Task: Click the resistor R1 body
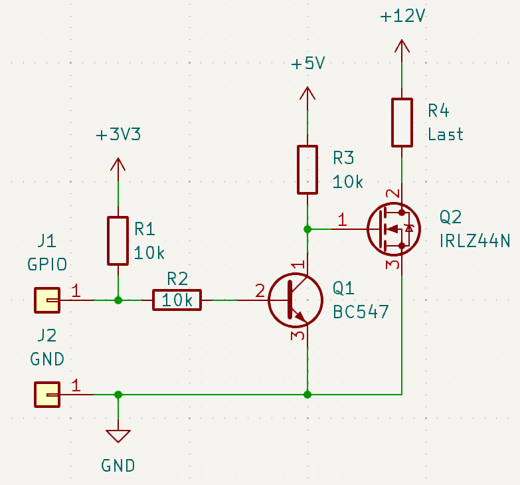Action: (x=118, y=241)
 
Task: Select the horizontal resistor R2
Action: (x=177, y=300)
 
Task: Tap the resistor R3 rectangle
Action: (x=307, y=169)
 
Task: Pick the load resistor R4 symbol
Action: (x=402, y=122)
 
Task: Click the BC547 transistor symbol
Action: (x=295, y=300)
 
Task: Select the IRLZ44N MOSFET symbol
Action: (x=394, y=229)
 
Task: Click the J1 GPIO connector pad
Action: (x=47, y=300)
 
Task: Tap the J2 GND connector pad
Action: (x=47, y=395)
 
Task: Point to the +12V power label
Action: (x=402, y=16)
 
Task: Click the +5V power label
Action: (x=308, y=63)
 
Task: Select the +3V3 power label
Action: (x=118, y=135)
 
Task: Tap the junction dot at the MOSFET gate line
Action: (x=307, y=229)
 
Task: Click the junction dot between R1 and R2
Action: (x=118, y=300)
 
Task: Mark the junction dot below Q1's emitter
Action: (x=307, y=395)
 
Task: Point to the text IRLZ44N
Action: (x=475, y=241)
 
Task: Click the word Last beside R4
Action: (x=446, y=134)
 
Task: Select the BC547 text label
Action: (x=361, y=312)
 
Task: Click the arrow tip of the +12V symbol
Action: (x=402, y=39)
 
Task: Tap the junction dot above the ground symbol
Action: (x=118, y=395)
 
